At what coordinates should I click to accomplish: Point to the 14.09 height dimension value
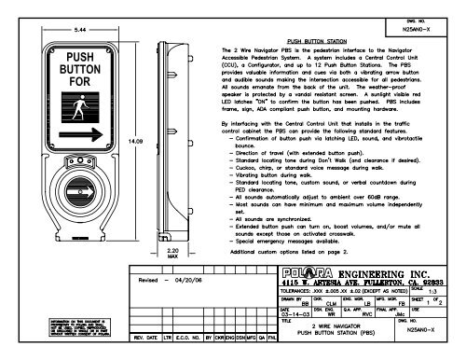(133, 142)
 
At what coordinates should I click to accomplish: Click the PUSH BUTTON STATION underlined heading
(319, 42)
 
